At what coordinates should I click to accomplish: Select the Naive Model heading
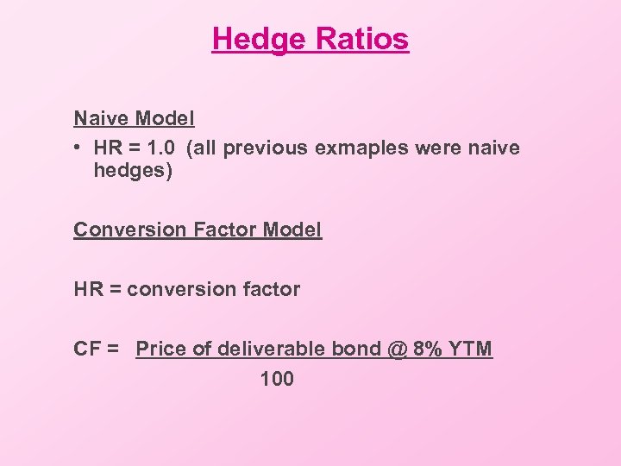(x=134, y=117)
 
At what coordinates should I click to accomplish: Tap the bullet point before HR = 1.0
(x=78, y=148)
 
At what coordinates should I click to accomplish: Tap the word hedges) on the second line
(x=133, y=171)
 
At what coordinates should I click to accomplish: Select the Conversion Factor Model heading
(x=198, y=230)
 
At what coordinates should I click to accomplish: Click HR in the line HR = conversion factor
(x=88, y=289)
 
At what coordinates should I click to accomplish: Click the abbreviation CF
(x=87, y=349)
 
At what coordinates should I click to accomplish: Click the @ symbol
(x=396, y=349)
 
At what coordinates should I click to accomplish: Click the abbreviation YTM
(x=471, y=349)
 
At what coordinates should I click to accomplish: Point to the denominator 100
(x=276, y=378)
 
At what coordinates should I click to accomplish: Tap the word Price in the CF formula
(x=160, y=349)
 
